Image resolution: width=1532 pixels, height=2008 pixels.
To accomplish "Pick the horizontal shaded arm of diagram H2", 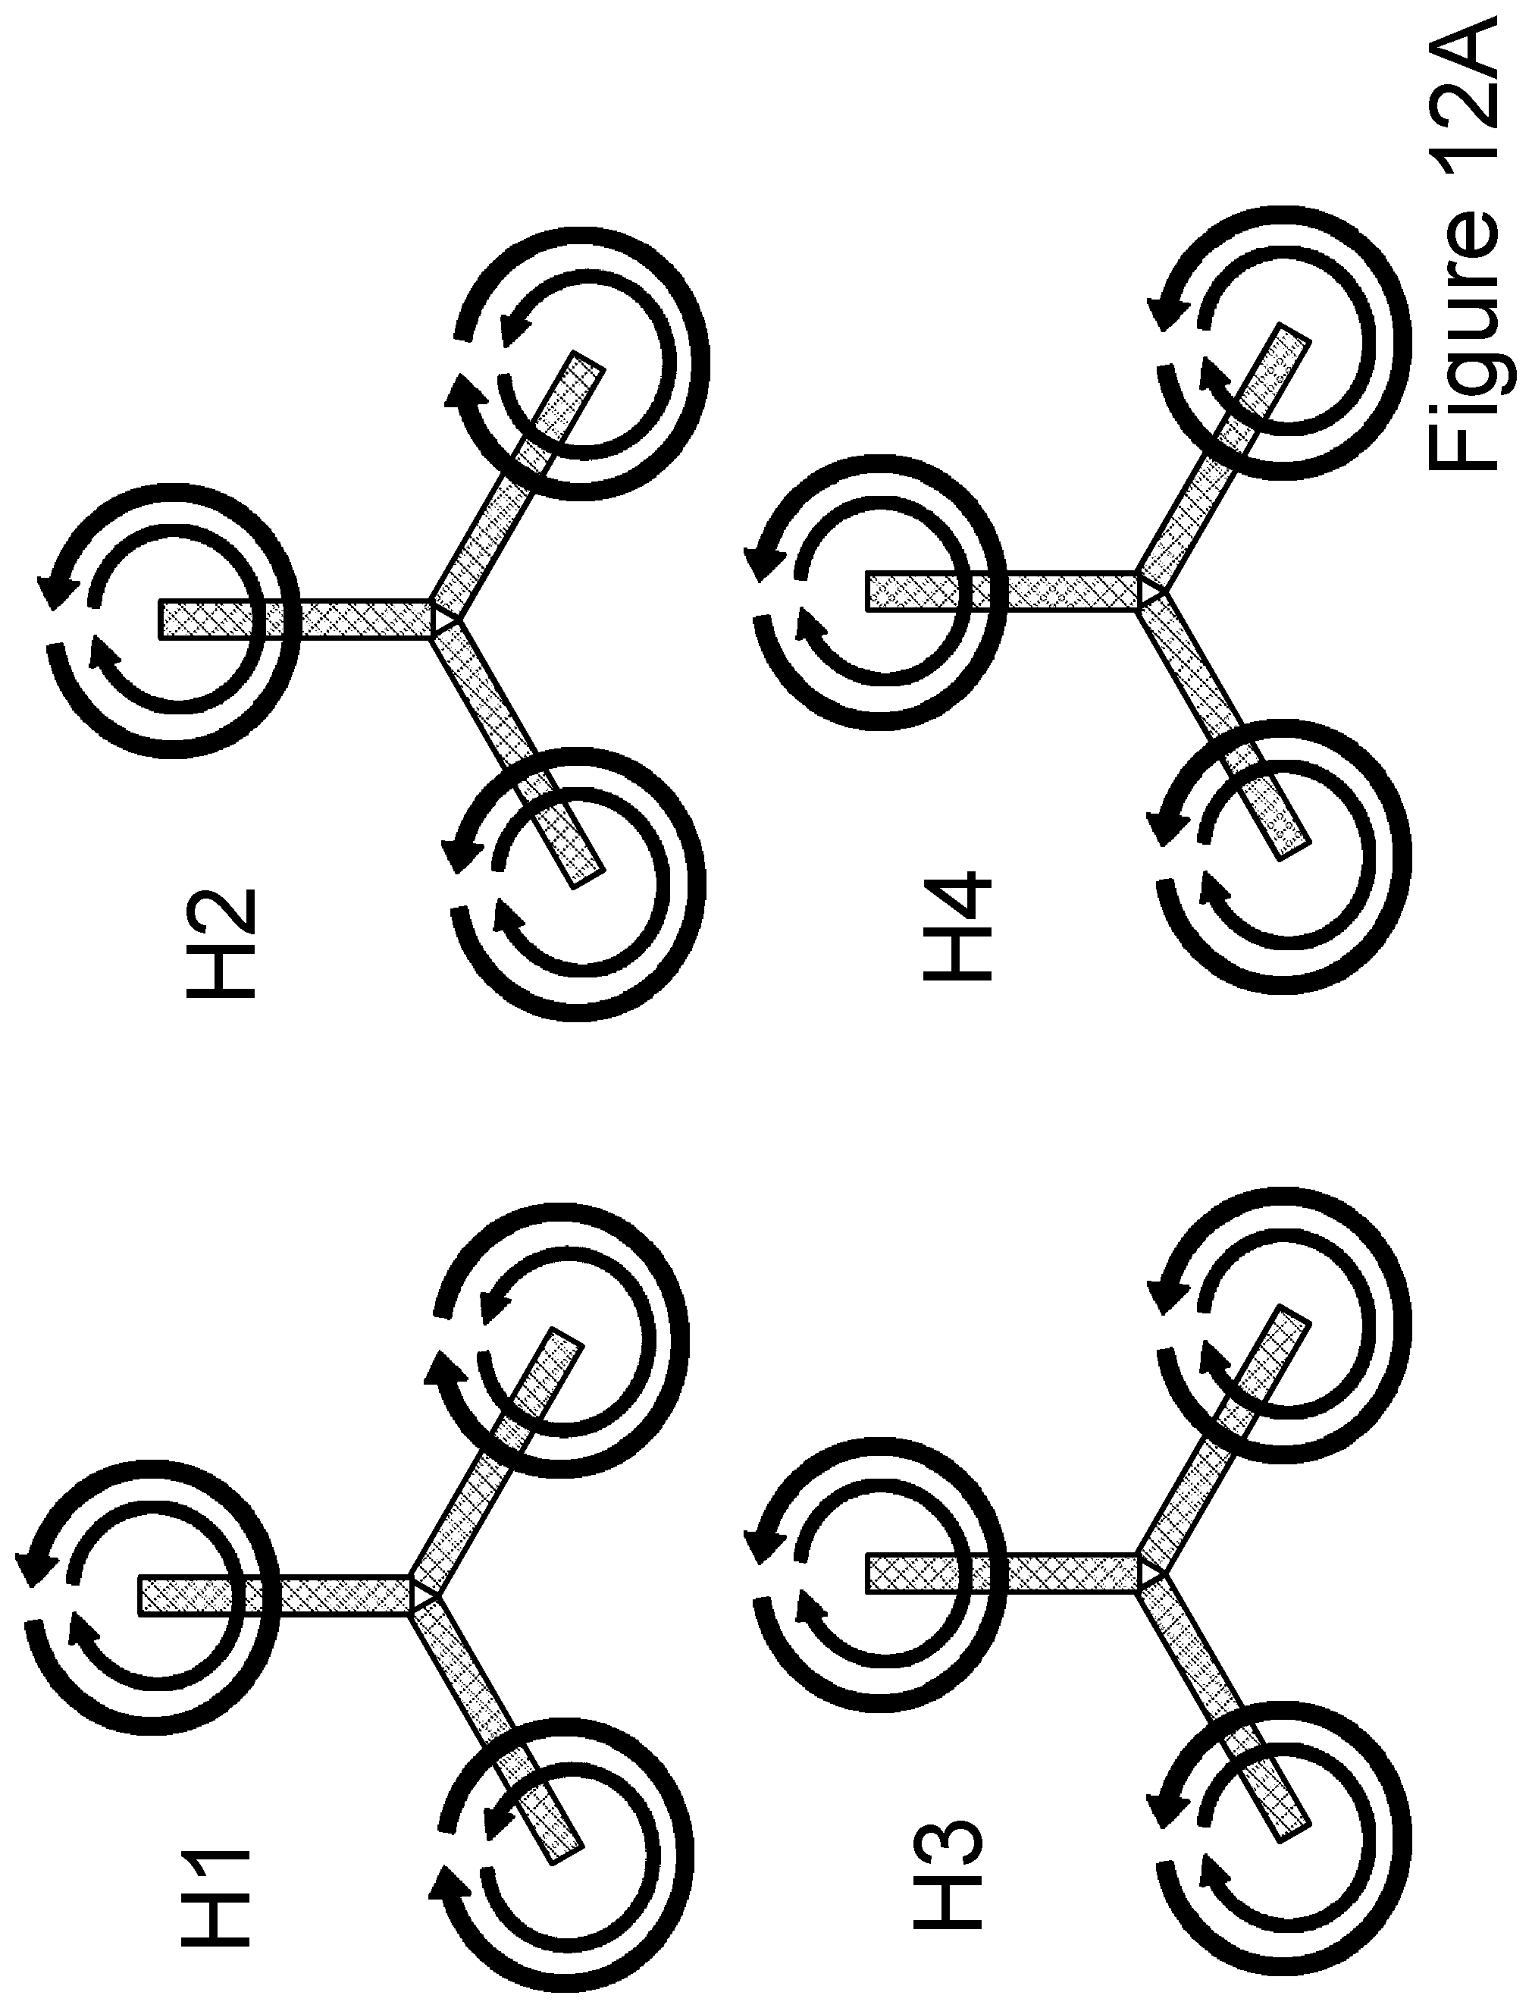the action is [x=296, y=620].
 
